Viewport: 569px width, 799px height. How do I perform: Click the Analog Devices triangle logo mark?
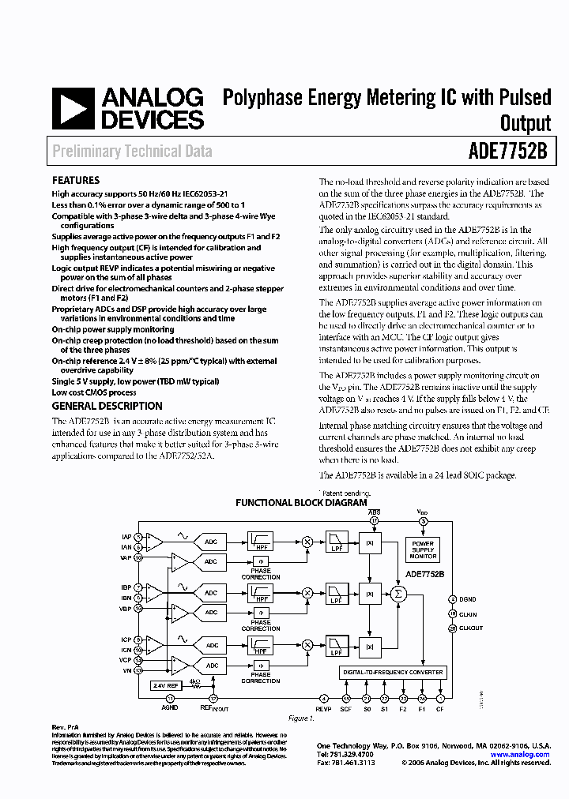[73, 108]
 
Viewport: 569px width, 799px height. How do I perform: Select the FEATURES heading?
[76, 180]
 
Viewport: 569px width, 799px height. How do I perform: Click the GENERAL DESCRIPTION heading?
[107, 406]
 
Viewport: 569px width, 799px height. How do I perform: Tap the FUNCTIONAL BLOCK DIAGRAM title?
[301, 503]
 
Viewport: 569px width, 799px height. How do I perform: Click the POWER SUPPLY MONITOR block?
[423, 550]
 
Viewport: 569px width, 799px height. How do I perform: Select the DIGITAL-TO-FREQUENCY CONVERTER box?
[394, 672]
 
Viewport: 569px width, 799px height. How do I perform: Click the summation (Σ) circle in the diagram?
[398, 594]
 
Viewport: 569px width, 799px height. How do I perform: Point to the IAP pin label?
[126, 537]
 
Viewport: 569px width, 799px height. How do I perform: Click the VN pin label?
[126, 670]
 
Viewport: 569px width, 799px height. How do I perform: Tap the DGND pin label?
[469, 599]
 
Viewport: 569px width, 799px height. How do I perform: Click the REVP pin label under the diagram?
[323, 709]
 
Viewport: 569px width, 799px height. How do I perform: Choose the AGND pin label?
[169, 709]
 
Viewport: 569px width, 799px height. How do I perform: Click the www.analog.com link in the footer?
[520, 755]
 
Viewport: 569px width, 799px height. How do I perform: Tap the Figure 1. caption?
[300, 718]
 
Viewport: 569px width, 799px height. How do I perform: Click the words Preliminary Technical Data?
[132, 151]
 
